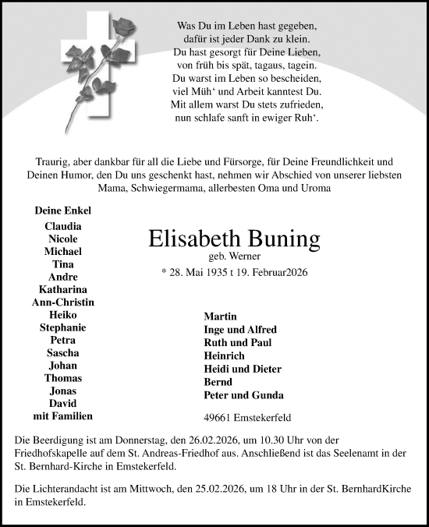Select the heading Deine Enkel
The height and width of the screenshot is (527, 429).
click(63, 210)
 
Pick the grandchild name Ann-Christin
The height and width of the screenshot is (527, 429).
click(63, 302)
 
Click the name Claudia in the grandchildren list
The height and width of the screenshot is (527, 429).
click(63, 226)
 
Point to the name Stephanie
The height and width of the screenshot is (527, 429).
click(63, 327)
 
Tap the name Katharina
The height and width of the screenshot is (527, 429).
click(63, 289)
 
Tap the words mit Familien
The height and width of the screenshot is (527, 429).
click(63, 416)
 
